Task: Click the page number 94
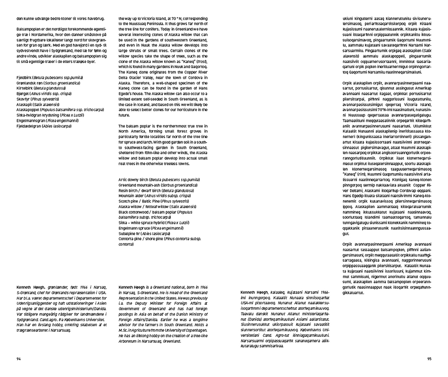pyautogui.click(x=18, y=359)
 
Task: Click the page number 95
pyautogui.click(x=429, y=359)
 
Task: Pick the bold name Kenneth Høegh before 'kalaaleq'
pyautogui.click(x=253, y=291)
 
